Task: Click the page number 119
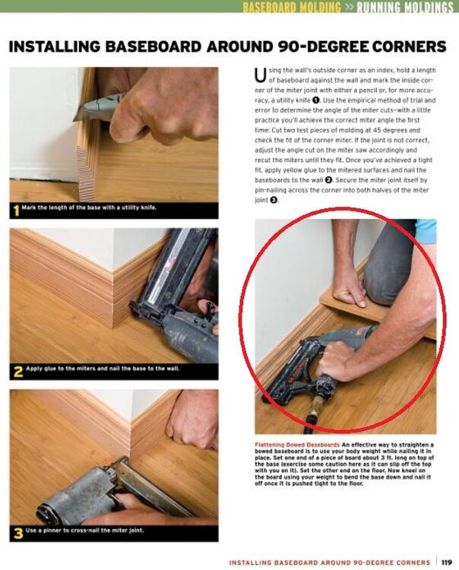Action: tap(447, 562)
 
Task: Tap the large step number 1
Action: tap(16, 210)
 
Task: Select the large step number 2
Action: tap(17, 372)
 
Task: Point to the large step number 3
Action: tap(17, 534)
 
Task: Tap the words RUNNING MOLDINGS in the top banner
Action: tap(405, 7)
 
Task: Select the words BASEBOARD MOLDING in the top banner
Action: tap(292, 7)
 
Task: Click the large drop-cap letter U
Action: tap(260, 75)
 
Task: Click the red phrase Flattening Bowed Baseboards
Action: tap(297, 445)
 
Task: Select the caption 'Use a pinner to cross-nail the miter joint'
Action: tap(84, 530)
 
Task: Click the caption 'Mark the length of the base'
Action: tap(89, 207)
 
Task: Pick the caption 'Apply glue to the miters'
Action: tap(102, 369)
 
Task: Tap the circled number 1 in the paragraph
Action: tap(316, 100)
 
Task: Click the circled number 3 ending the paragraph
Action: tap(274, 200)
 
